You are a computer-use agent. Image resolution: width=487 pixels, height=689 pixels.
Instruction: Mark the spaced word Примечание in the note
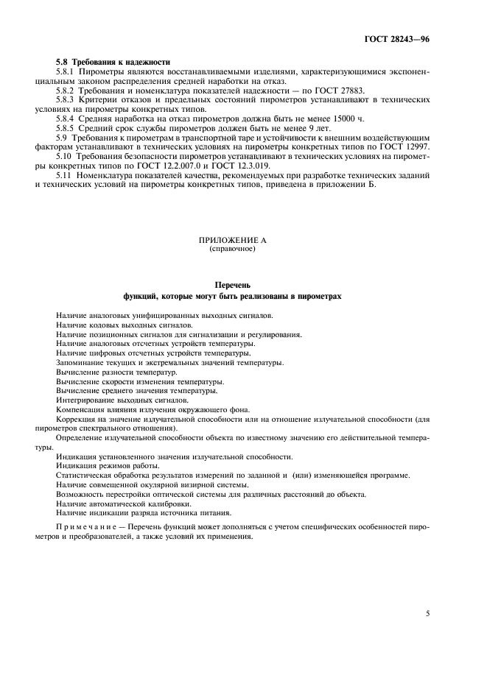(x=84, y=527)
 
